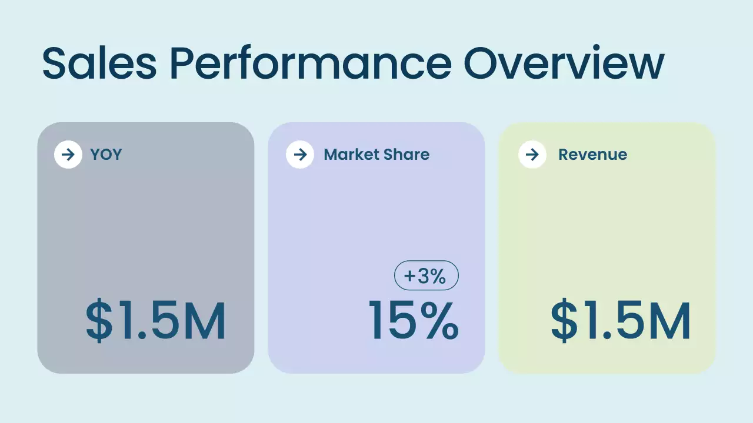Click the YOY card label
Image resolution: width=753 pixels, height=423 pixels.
click(x=106, y=155)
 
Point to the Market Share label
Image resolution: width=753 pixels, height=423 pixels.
click(x=376, y=155)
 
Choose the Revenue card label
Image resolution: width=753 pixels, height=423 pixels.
click(x=592, y=155)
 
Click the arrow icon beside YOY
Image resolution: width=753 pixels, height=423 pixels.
click(x=68, y=155)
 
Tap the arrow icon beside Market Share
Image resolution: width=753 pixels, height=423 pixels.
click(x=300, y=155)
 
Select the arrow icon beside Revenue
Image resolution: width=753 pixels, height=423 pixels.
click(x=532, y=155)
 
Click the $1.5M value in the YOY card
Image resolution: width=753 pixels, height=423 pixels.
click(x=156, y=321)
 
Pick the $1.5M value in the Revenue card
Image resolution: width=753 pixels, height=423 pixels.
click(x=621, y=321)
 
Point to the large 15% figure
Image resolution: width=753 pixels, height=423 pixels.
click(x=414, y=321)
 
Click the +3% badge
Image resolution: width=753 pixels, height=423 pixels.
click(x=426, y=276)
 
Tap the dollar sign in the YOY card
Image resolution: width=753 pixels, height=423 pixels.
click(x=99, y=321)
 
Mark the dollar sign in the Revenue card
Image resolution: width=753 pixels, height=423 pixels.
click(x=564, y=321)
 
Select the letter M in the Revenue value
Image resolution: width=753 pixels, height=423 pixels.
click(x=669, y=321)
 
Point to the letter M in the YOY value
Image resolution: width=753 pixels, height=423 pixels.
click(x=204, y=321)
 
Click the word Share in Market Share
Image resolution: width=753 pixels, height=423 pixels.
click(x=407, y=155)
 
